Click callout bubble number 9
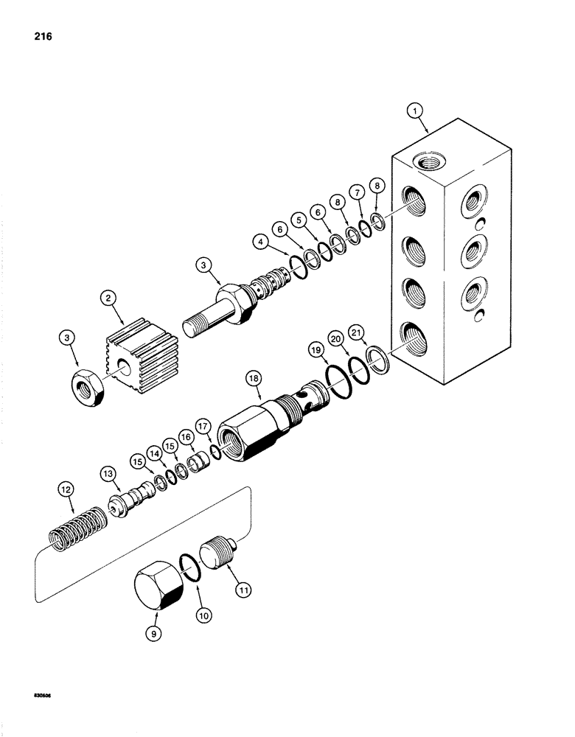coord(153,632)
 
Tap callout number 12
coord(66,488)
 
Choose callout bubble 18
coord(254,378)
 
